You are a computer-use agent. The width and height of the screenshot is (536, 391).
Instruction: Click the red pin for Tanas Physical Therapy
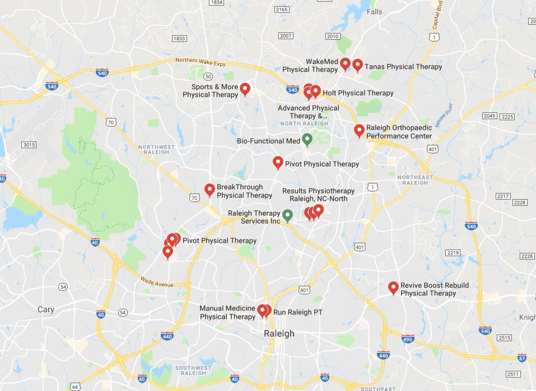[x=357, y=65]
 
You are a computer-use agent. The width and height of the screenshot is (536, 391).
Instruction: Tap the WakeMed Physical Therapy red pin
[x=346, y=64]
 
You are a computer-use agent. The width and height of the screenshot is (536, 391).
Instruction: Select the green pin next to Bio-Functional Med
[x=307, y=139]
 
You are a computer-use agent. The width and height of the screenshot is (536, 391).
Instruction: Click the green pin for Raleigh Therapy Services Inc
[x=287, y=215]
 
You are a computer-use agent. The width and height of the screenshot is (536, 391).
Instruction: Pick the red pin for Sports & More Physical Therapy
[x=245, y=89]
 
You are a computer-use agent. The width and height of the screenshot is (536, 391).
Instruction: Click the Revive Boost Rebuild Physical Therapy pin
[x=393, y=288]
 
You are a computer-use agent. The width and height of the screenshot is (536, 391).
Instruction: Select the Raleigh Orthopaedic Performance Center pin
[x=359, y=131]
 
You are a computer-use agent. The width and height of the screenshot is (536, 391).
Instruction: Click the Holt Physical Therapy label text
[x=358, y=93]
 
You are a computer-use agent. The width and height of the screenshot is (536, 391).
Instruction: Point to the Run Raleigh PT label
[x=297, y=312]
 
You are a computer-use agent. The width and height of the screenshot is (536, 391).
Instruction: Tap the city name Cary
[x=46, y=309]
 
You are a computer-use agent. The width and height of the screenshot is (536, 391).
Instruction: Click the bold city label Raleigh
[x=279, y=333]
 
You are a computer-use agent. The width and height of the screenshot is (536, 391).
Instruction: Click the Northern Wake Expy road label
[x=200, y=63]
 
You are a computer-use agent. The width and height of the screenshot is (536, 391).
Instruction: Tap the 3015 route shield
[x=29, y=145]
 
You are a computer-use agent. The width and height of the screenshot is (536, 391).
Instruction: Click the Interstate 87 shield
[x=522, y=358]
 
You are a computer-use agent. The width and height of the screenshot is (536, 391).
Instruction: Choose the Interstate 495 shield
[x=408, y=339]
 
